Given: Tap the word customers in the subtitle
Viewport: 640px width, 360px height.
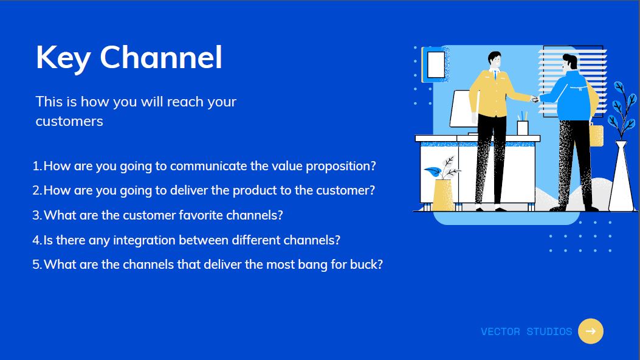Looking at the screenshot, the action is pyautogui.click(x=69, y=121).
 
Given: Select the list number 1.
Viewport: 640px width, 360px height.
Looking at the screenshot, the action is pyautogui.click(x=36, y=166).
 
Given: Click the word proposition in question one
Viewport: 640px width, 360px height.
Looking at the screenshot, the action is pyautogui.click(x=341, y=167).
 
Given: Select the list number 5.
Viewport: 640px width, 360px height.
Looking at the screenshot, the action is pyautogui.click(x=36, y=265).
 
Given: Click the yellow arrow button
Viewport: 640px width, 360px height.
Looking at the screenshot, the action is pyautogui.click(x=591, y=331).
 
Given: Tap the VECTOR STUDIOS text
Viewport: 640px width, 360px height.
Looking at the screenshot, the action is pyautogui.click(x=526, y=331).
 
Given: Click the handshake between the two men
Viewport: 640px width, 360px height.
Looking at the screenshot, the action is pyautogui.click(x=535, y=99).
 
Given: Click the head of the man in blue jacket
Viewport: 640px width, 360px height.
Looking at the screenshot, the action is pyautogui.click(x=569, y=63).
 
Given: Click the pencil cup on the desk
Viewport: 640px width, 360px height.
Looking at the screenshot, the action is pyautogui.click(x=523, y=128).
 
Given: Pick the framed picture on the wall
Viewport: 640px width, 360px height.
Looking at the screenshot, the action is pyautogui.click(x=436, y=64).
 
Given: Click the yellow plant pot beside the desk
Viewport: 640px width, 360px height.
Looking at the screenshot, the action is pyautogui.click(x=443, y=195).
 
